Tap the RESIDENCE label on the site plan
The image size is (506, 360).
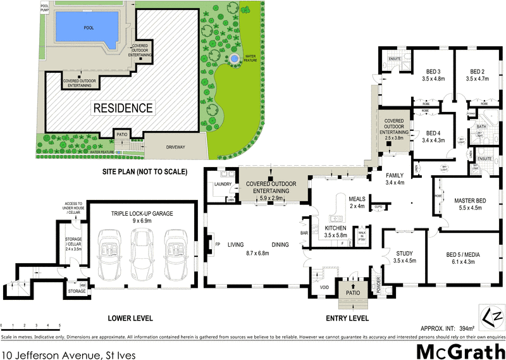[123, 108]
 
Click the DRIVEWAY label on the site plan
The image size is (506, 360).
[176, 147]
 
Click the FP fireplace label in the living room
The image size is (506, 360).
[218, 244]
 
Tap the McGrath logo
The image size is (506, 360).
[459, 350]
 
